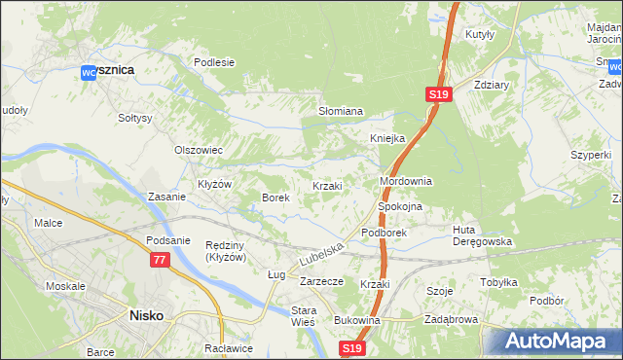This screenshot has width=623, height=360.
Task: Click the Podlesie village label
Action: point(214,62)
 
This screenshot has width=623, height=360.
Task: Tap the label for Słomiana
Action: point(341,112)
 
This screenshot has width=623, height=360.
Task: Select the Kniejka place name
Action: point(386,138)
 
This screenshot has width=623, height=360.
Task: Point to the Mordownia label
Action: point(405,182)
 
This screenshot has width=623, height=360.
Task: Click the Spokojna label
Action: point(398,207)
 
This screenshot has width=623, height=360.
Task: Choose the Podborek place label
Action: point(383,234)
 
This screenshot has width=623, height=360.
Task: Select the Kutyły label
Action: point(481,34)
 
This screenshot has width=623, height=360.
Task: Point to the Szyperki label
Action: point(591,155)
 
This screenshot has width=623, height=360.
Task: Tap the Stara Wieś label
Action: point(305,317)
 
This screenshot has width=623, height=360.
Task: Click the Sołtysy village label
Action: point(135,118)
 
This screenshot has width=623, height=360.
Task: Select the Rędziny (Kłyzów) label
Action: point(226,251)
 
